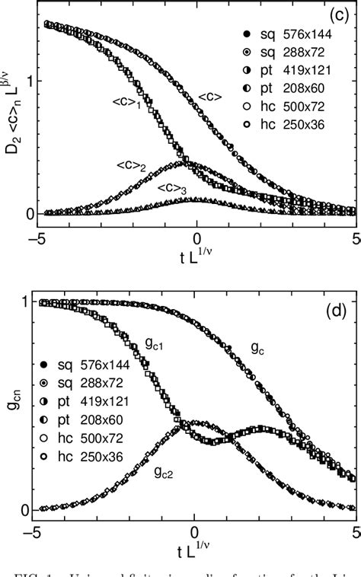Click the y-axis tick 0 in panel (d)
pyautogui.click(x=24, y=509)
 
